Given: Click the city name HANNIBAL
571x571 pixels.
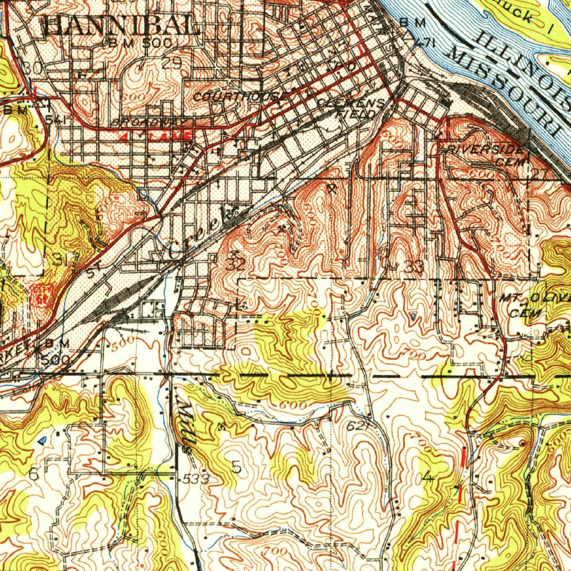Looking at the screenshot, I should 120,25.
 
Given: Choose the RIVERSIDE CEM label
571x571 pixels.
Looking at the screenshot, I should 486,155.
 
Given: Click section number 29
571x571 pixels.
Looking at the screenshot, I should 172,64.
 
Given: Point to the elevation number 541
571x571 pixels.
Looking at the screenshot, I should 56,120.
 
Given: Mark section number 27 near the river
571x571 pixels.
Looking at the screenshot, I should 539,174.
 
